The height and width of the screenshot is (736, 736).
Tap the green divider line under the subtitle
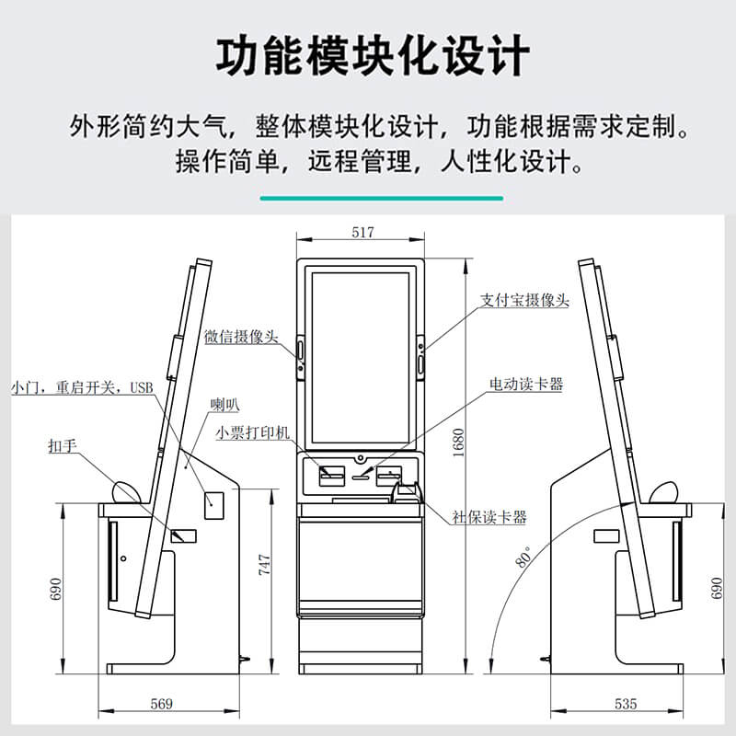click(x=381, y=198)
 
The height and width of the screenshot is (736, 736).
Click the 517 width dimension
click(x=362, y=234)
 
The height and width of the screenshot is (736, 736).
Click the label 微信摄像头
click(x=241, y=337)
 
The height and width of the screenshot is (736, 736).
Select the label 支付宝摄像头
click(x=525, y=300)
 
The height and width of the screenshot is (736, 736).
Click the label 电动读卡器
click(x=526, y=385)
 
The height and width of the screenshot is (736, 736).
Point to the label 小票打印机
click(x=253, y=431)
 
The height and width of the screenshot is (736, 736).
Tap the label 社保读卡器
click(x=489, y=517)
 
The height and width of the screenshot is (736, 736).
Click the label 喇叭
click(x=224, y=403)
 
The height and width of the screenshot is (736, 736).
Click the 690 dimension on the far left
click(x=55, y=589)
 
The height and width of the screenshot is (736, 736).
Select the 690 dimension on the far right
click(x=718, y=589)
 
